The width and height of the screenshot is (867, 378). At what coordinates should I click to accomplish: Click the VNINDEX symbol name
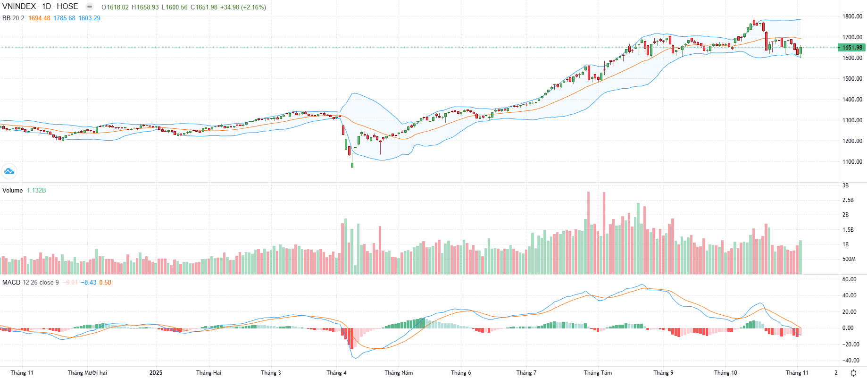pos(19,7)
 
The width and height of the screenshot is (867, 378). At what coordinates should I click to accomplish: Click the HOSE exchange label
pos(67,7)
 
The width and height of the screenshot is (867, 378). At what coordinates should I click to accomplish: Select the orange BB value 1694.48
pos(39,18)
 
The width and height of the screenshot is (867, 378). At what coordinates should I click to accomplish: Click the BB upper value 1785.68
pos(64,18)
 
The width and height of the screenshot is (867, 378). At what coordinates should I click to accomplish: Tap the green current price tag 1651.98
pos(852,48)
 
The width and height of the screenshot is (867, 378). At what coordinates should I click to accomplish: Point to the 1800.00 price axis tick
pos(852,17)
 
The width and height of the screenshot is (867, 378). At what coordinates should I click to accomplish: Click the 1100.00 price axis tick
pos(852,162)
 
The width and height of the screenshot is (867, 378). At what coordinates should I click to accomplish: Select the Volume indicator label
pos(13,191)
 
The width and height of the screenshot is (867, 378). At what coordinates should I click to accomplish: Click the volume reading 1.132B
pos(36,191)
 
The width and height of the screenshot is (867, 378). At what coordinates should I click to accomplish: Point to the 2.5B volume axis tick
pos(848,200)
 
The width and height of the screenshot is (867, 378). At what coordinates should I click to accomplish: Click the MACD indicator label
pos(11,283)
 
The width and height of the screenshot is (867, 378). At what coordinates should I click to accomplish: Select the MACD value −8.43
pos(89,283)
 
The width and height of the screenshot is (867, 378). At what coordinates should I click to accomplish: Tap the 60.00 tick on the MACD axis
pos(850,279)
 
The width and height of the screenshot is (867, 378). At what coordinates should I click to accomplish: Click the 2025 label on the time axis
pos(156,373)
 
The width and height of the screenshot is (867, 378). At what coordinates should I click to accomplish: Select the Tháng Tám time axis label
pos(598,373)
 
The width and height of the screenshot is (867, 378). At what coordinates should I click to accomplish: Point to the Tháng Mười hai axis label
pos(87,373)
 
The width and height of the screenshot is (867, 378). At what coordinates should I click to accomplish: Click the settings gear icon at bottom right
pos(853,373)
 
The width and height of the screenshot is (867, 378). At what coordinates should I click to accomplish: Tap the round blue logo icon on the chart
pos(9,171)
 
